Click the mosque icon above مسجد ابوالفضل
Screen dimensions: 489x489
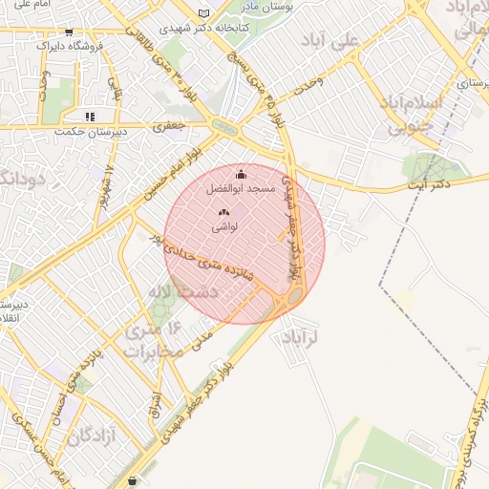241,175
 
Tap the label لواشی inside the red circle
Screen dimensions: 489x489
224,227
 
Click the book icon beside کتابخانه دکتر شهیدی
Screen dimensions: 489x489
202,13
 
